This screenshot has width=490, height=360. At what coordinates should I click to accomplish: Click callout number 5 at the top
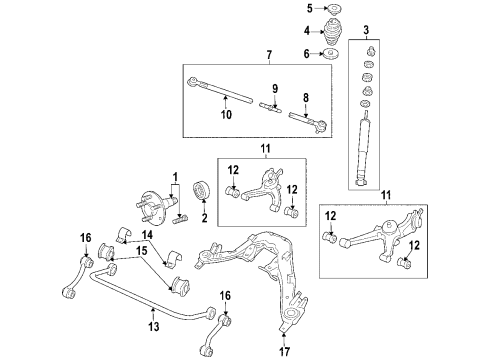tap(310, 9)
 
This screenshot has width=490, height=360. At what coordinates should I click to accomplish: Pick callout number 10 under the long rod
tap(226, 114)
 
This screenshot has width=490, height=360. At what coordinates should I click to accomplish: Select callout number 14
tap(148, 235)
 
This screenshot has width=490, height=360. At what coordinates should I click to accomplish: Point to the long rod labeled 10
tap(225, 98)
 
